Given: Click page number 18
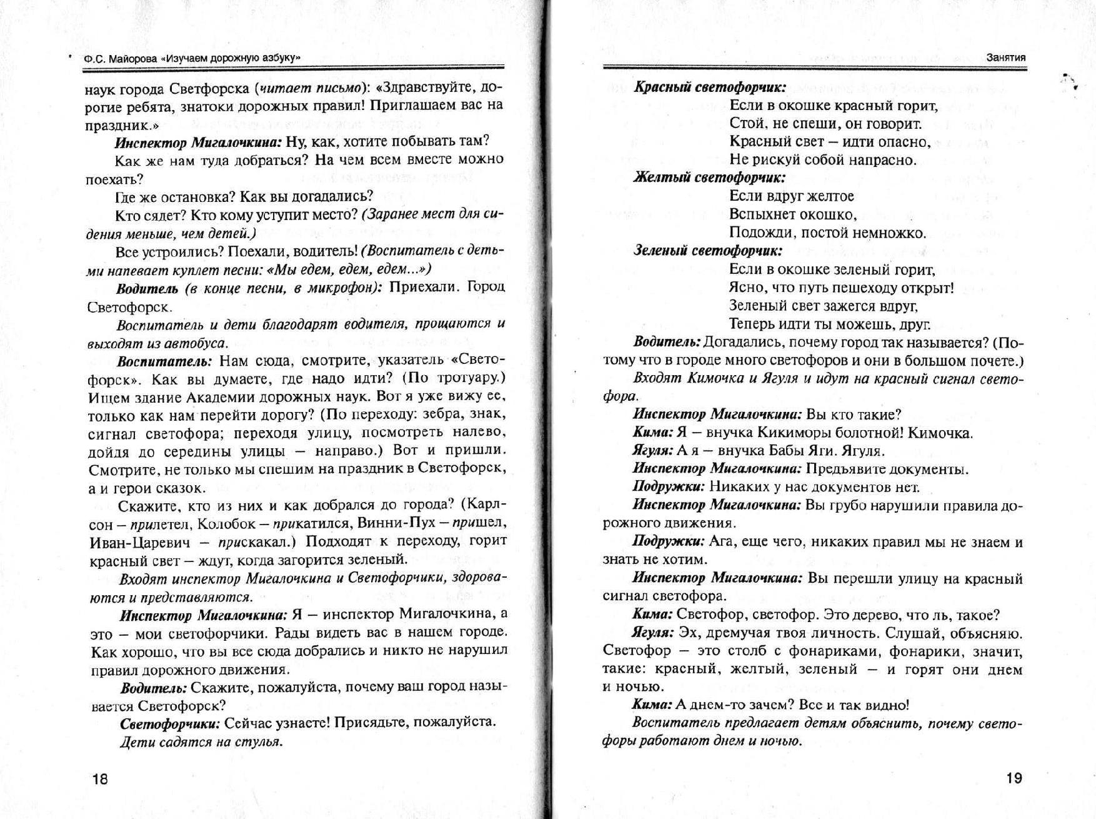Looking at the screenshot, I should [x=100, y=779].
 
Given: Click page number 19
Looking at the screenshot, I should [x=1014, y=778].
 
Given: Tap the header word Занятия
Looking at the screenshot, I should [x=1005, y=58].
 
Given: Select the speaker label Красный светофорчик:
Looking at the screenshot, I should [x=710, y=88].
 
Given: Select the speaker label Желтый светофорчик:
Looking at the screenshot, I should [x=709, y=178].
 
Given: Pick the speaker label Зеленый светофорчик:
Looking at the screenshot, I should [x=708, y=251].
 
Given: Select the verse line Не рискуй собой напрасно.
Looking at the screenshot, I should [x=822, y=160].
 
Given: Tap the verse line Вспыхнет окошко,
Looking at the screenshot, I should [x=793, y=215].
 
